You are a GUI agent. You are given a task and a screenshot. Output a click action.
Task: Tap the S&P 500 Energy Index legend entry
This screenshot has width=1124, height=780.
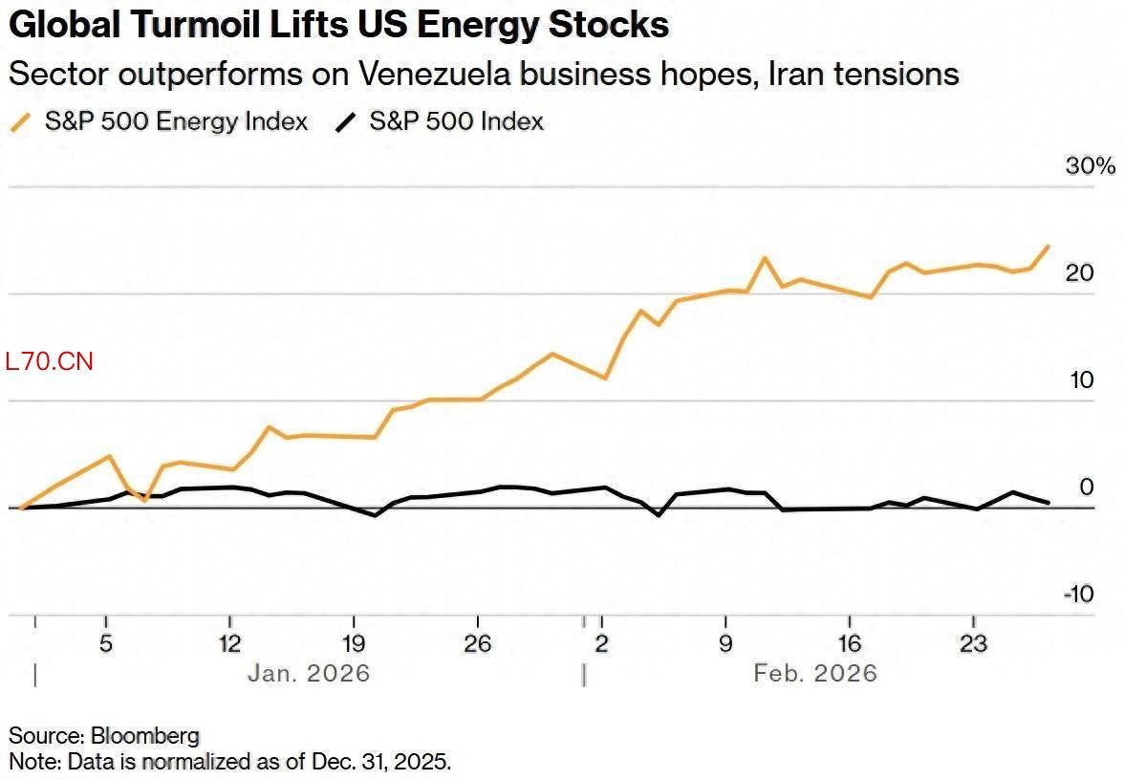coord(175,121)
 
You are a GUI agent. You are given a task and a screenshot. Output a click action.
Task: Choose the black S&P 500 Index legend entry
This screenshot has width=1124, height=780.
coord(456,121)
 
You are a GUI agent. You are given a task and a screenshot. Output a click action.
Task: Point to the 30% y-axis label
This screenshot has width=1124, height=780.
coord(1090,165)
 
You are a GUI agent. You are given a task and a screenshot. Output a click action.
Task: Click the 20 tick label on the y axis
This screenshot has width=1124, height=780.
coord(1079,272)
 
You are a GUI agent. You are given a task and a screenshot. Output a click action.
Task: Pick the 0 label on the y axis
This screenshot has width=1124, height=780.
coord(1086,487)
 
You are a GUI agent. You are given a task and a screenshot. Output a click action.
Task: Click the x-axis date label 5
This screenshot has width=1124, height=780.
coord(106,642)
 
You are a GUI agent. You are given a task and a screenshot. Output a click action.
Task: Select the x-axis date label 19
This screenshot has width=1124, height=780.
coord(354,642)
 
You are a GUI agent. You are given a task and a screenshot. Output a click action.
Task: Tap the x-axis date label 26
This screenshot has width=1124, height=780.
coord(478,642)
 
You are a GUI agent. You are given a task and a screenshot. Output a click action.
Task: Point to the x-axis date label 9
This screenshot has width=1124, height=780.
coord(725,642)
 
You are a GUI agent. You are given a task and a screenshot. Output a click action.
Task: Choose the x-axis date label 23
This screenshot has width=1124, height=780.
coord(973,642)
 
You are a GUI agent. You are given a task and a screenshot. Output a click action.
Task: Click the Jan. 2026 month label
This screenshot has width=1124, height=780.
coord(308,673)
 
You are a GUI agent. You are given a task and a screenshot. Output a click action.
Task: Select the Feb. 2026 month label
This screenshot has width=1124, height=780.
coord(814,673)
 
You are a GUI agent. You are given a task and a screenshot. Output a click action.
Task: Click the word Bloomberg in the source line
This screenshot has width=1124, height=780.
coord(145,736)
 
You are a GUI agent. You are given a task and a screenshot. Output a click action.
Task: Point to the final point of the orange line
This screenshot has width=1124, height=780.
coord(1048,247)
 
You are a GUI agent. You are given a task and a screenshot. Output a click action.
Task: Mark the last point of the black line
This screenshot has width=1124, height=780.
coord(1048,502)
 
